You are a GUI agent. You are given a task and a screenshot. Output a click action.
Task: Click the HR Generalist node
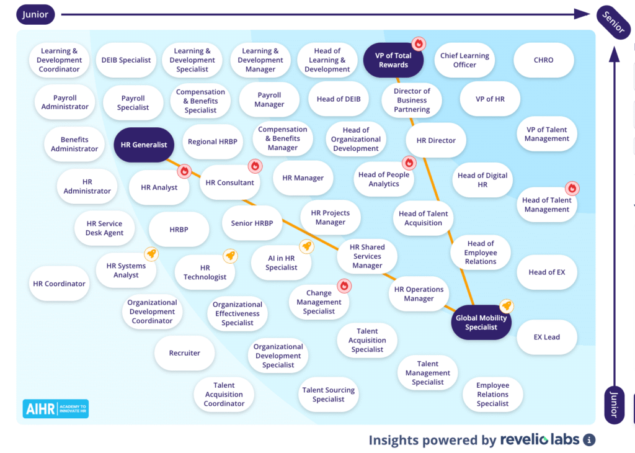tap(144, 145)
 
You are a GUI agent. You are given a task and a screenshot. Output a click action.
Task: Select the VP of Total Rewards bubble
tap(393, 60)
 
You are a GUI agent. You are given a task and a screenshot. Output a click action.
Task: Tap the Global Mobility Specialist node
tap(481, 323)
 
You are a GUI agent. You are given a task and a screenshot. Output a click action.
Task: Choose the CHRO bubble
tap(543, 60)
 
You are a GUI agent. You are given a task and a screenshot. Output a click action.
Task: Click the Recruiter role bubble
tap(185, 353)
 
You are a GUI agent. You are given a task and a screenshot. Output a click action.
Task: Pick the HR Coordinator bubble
tap(59, 284)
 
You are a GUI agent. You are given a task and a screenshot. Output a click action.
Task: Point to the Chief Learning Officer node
tap(464, 60)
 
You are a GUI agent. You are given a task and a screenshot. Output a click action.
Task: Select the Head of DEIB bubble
tap(339, 99)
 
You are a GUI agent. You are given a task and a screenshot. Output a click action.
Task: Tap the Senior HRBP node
tap(252, 223)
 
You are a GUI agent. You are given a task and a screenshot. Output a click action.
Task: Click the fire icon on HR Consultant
tap(255, 166)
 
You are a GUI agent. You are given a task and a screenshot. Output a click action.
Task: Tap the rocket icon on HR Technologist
tap(230, 256)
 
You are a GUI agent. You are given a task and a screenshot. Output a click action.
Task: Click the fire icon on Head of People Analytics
tap(409, 163)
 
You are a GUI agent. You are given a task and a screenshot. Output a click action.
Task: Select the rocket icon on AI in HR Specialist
tap(306, 246)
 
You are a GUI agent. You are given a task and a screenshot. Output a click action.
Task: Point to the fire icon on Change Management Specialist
tap(344, 285)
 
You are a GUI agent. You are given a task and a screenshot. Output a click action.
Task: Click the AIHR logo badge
tap(55, 408)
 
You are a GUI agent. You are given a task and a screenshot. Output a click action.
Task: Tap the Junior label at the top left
tap(35, 14)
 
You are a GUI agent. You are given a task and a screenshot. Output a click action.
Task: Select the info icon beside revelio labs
tap(589, 440)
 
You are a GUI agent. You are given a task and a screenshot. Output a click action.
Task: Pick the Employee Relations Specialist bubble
tap(493, 395)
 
